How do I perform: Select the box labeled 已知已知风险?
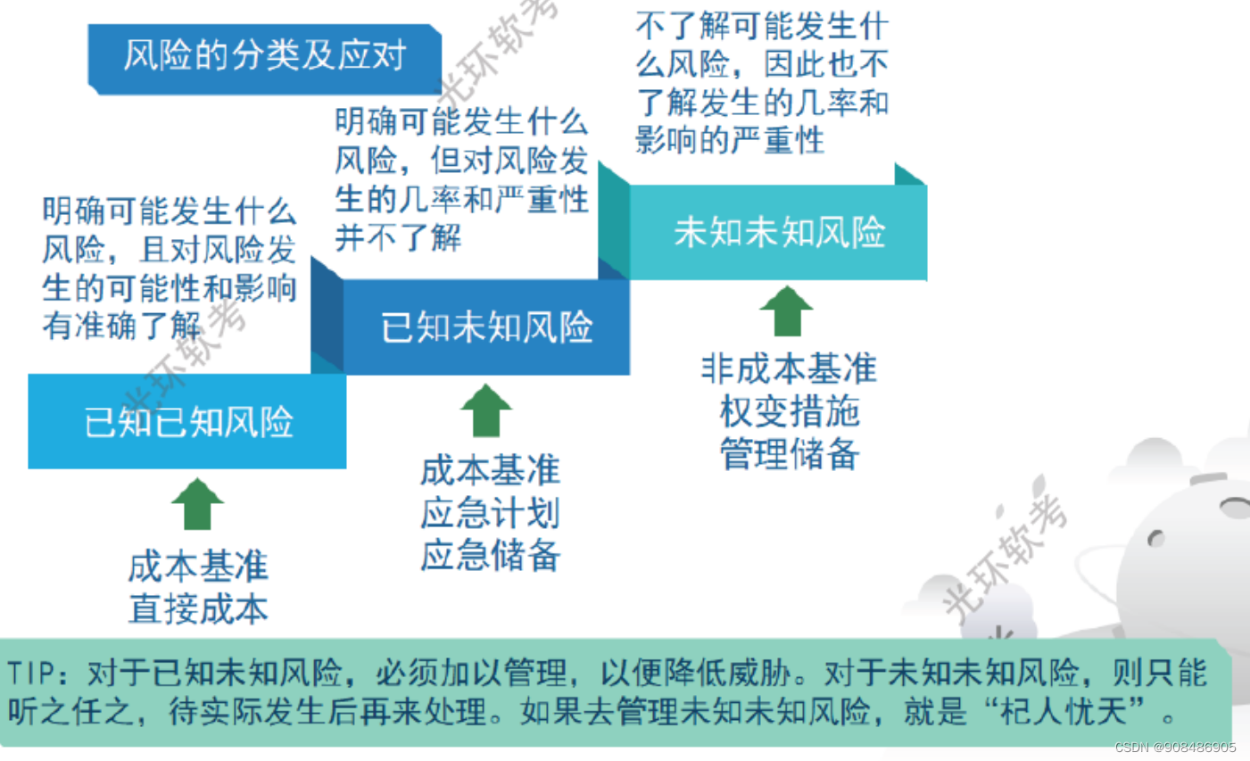click(187, 422)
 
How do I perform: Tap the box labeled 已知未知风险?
click(486, 327)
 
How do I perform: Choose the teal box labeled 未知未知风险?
click(779, 233)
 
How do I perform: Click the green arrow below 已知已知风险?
click(197, 504)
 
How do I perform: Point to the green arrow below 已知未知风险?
click(486, 410)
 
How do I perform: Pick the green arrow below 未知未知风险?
click(786, 311)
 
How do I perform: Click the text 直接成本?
click(198, 608)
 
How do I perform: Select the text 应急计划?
click(490, 513)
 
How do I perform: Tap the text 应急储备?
click(490, 555)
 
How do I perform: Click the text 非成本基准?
click(789, 368)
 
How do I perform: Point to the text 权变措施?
click(789, 411)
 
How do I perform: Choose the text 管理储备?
click(789, 453)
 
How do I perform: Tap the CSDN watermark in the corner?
click(1175, 748)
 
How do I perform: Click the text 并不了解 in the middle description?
click(398, 237)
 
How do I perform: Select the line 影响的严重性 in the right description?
click(729, 140)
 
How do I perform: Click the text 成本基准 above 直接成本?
click(198, 567)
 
